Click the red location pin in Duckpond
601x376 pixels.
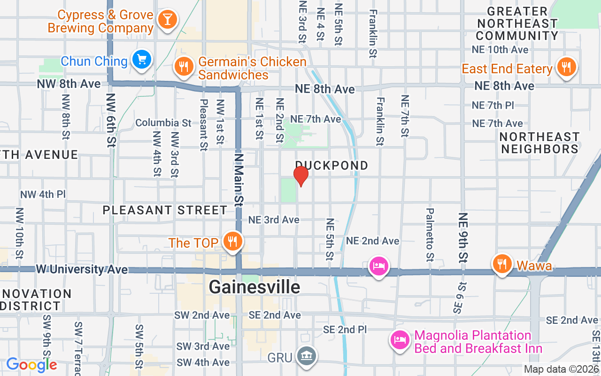click(x=301, y=176)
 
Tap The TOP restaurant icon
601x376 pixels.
click(x=232, y=242)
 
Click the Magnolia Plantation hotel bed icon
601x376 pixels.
click(x=399, y=340)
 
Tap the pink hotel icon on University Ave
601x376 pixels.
click(x=378, y=265)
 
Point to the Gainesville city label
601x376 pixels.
click(x=254, y=287)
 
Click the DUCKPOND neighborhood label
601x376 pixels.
click(x=331, y=165)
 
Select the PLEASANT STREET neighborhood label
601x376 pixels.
click(x=165, y=210)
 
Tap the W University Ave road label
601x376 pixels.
click(x=82, y=269)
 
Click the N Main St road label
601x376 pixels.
click(x=239, y=180)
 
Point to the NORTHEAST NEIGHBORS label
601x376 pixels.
click(x=539, y=143)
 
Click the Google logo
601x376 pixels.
click(x=31, y=365)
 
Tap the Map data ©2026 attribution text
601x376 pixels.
click(x=561, y=369)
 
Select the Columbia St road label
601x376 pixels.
click(x=163, y=123)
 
